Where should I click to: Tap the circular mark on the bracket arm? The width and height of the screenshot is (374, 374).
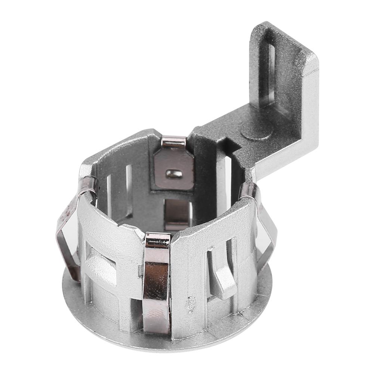(255, 132)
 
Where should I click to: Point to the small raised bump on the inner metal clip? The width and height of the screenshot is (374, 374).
(174, 173)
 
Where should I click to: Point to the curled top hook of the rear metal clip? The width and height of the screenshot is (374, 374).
(174, 141)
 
